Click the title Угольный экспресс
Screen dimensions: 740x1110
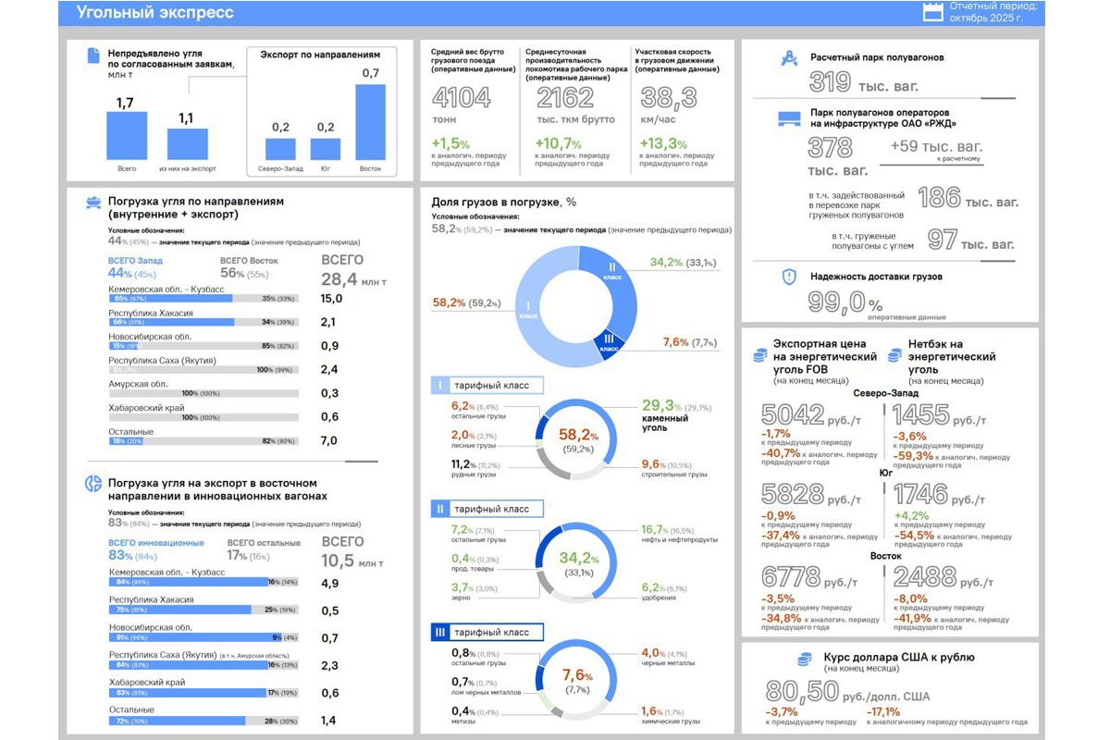coord(155,13)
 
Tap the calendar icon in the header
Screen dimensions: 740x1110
coord(934,11)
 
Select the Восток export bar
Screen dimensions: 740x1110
coord(370,122)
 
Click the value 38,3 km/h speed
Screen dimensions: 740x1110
coord(670,98)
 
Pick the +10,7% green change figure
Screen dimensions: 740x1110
coord(558,144)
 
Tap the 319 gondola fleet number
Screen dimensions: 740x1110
coord(830,82)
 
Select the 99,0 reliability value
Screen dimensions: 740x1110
coord(836,302)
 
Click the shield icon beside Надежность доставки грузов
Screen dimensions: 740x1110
coord(789,277)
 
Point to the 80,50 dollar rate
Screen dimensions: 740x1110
coord(803,692)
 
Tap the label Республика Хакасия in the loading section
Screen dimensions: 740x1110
coord(151,313)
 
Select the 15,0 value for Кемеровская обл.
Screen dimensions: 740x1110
coord(332,299)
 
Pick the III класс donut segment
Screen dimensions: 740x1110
coord(609,341)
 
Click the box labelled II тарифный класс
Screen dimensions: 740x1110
coord(487,509)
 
